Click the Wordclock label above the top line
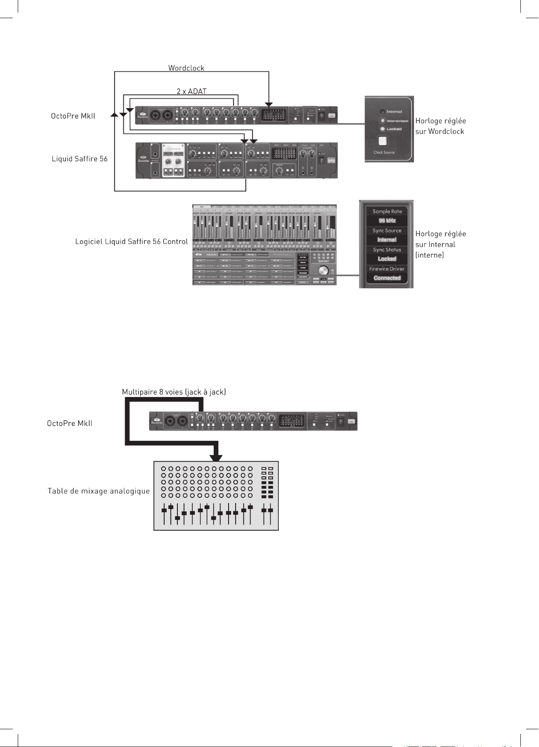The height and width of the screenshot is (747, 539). [x=186, y=68]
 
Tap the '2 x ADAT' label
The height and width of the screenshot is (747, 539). [x=191, y=91]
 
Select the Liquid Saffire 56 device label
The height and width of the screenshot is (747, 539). [x=79, y=159]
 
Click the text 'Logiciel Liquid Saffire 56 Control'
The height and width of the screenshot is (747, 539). [x=131, y=242]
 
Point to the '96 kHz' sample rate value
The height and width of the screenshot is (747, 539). [x=387, y=220]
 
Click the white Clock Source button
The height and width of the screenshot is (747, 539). [x=383, y=141]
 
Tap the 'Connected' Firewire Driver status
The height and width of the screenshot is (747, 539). [x=387, y=278]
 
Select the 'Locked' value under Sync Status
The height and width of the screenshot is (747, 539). [x=387, y=259]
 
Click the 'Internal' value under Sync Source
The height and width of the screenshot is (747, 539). [x=387, y=240]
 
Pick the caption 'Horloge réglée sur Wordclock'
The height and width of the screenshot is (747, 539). [x=440, y=126]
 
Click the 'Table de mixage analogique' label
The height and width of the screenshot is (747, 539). [x=98, y=491]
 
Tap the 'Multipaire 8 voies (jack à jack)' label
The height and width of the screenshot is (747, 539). [x=174, y=392]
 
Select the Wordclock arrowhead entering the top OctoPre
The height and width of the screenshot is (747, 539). [x=269, y=105]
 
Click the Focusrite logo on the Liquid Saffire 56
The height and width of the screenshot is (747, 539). [x=144, y=159]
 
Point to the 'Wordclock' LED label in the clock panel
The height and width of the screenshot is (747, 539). [x=397, y=121]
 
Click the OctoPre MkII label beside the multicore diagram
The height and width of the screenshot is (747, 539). [x=70, y=423]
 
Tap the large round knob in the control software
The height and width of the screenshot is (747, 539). [x=323, y=271]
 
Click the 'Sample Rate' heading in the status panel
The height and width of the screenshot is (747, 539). [x=387, y=211]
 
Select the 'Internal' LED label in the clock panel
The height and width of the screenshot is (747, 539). [x=394, y=111]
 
